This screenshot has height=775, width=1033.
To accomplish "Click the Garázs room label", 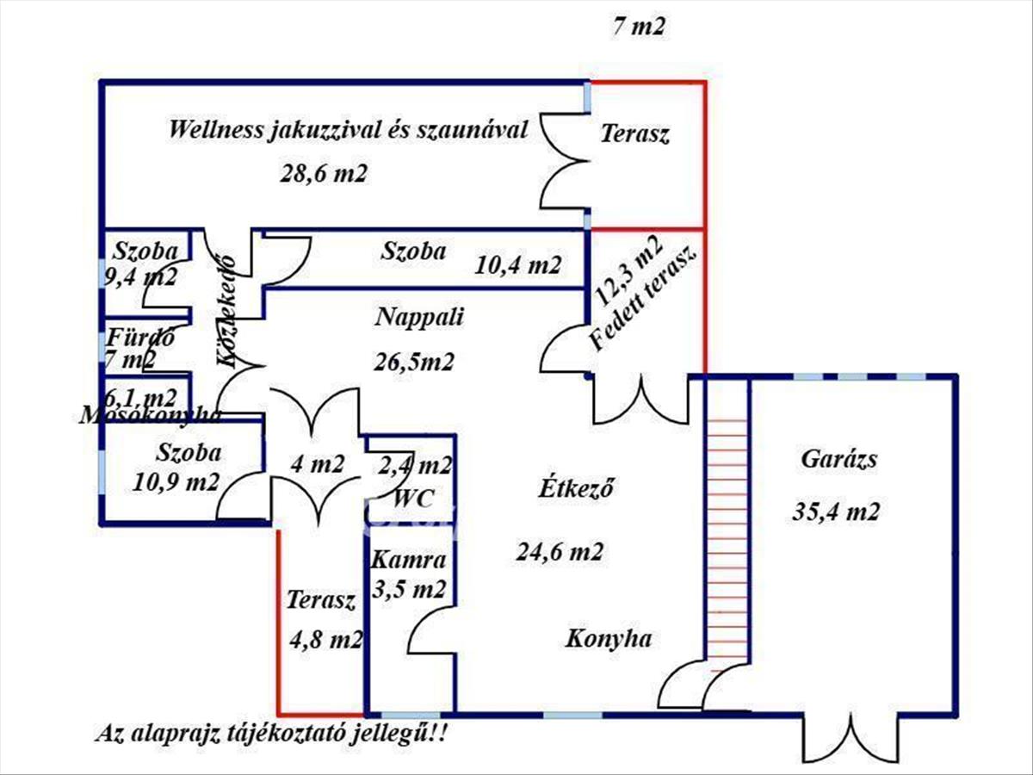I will click(x=838, y=459).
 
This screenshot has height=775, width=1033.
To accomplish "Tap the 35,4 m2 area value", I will click(x=835, y=512).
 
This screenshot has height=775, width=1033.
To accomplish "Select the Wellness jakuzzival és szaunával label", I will click(x=348, y=131).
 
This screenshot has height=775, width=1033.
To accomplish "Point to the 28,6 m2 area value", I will click(x=324, y=173).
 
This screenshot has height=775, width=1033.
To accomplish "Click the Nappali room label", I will click(x=419, y=317).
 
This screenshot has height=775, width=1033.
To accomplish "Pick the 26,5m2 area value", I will click(x=413, y=361).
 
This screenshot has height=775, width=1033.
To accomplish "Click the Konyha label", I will click(x=608, y=639).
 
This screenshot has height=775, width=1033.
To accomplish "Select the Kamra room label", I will click(x=409, y=561).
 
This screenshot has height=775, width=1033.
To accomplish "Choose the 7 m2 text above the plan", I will click(x=639, y=28).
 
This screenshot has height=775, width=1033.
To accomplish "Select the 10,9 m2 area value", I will click(x=176, y=480).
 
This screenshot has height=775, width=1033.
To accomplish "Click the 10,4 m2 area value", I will click(x=518, y=265).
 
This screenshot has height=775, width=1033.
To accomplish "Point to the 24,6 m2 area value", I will click(x=560, y=551).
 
